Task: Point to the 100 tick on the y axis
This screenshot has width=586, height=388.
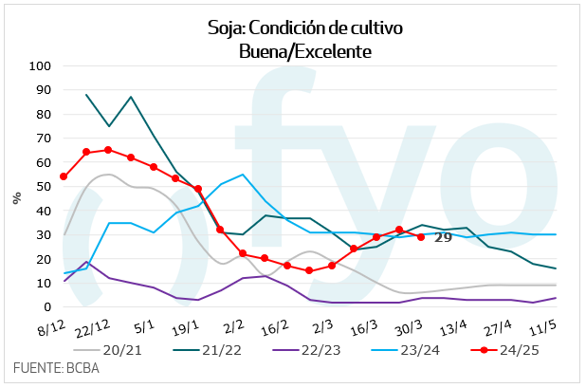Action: pos(40,66)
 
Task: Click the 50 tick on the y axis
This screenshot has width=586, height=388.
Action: pos(43,187)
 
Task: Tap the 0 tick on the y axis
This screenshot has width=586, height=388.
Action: pos(46,307)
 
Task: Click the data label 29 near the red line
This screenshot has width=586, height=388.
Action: pos(442,238)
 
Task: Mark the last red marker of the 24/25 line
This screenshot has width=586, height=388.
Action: pos(421,237)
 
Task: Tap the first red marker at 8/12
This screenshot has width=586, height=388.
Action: pos(64,176)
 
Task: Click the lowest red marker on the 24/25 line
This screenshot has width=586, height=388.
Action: pos(309,270)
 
